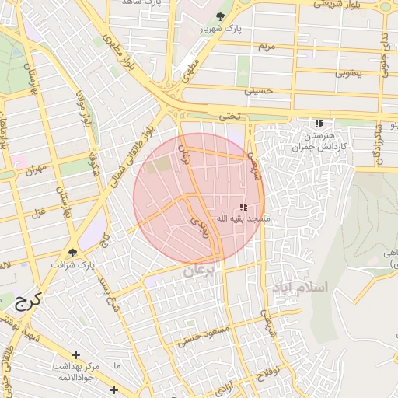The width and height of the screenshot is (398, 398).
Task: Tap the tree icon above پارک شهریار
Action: click(222, 16)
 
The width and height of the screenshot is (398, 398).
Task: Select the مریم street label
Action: click(267, 47)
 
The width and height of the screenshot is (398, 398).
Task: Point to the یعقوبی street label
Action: click(348, 74)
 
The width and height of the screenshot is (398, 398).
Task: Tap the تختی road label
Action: click(229, 116)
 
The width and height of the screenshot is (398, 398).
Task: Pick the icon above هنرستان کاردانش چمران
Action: click(318, 124)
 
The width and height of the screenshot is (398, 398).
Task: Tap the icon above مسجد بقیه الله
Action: click(243, 207)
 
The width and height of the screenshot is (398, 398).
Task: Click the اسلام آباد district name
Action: click(300, 288)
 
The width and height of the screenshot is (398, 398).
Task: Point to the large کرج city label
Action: click(27, 301)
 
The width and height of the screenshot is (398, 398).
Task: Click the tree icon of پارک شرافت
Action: click(73, 253)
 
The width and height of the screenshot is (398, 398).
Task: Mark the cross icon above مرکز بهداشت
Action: click(75, 354)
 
